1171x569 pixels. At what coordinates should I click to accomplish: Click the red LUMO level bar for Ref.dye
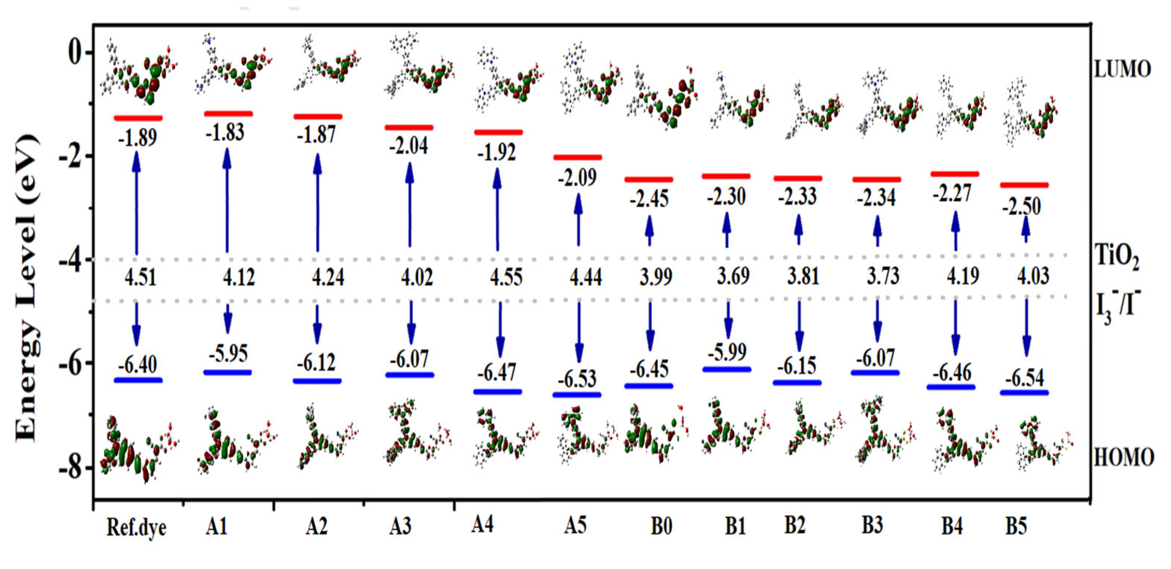coord(138,118)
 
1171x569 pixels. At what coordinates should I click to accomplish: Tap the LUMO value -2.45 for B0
coord(649,199)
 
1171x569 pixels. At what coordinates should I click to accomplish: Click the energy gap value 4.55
coord(506,277)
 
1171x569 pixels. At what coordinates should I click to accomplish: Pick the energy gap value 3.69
coord(733,276)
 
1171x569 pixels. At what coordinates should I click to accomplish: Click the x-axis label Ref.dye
coord(136,528)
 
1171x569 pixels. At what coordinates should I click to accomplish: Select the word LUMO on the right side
coord(1122,69)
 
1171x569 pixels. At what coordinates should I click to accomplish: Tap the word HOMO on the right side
coord(1123,457)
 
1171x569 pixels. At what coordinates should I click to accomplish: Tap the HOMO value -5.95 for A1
coord(228,354)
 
